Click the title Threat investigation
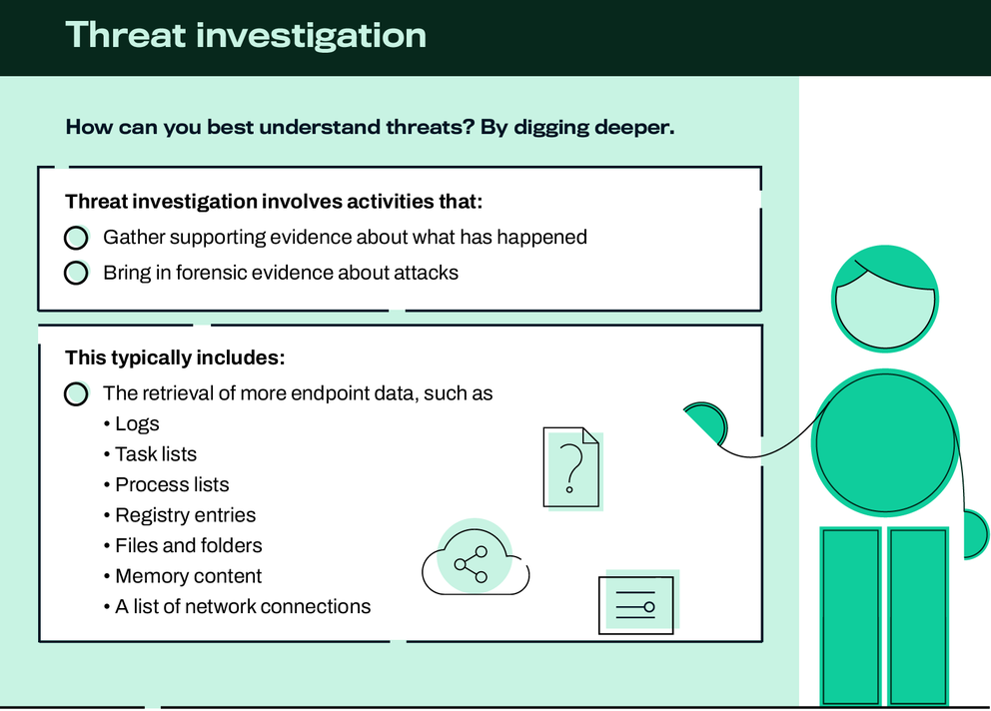pos(246,35)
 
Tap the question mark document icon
pos(571,466)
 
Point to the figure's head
pos(885,299)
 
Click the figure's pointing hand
pos(705,420)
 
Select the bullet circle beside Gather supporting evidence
pos(76,238)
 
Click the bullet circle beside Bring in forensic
pos(76,273)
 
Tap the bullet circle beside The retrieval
pos(76,393)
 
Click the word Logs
pos(137,423)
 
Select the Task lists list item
pos(156,454)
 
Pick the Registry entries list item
pos(185,515)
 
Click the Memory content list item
pos(188,576)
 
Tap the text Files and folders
pos(188,545)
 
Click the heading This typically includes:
pos(175,357)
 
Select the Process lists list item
pos(172,484)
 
